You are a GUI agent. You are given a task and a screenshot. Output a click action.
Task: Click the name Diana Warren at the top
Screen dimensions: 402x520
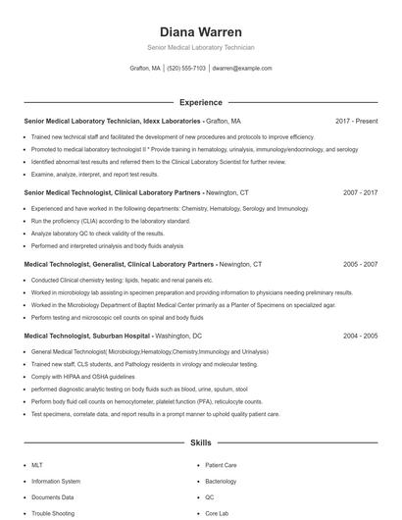(200, 31)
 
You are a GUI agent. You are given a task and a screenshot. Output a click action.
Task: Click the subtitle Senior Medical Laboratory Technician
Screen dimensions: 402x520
(200, 47)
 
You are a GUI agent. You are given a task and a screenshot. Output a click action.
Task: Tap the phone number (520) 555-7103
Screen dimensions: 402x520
(186, 69)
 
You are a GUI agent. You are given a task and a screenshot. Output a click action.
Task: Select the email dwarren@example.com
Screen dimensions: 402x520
(241, 69)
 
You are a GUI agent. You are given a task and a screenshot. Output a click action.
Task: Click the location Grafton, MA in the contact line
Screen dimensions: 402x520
(145, 69)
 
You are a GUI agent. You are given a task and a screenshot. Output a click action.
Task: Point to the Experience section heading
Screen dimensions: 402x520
(200, 102)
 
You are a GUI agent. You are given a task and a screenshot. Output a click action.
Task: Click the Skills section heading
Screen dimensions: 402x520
(200, 443)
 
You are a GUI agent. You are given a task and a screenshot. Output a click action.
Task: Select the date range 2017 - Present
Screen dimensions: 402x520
(356, 121)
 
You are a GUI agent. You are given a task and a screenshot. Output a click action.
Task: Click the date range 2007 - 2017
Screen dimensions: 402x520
(360, 193)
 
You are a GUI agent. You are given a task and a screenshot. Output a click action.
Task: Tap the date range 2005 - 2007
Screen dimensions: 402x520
(360, 264)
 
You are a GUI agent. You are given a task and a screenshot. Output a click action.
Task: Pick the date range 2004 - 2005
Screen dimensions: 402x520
(360, 336)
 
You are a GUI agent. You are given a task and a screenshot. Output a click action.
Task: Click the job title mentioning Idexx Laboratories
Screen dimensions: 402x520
(113, 121)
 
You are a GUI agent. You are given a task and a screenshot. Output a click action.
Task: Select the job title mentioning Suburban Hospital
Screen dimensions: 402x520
(88, 336)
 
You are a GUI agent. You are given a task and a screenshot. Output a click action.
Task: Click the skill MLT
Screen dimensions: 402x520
(37, 465)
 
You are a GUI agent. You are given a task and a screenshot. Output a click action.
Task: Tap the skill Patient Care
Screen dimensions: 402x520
(221, 465)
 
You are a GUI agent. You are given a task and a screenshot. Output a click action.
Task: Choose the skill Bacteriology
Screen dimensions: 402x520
(221, 482)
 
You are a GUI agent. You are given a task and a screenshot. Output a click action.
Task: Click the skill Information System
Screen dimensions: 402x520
(56, 482)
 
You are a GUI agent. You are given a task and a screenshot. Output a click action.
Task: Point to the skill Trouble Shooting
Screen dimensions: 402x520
(54, 513)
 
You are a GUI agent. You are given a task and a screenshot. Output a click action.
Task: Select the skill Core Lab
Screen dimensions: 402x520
(217, 513)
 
